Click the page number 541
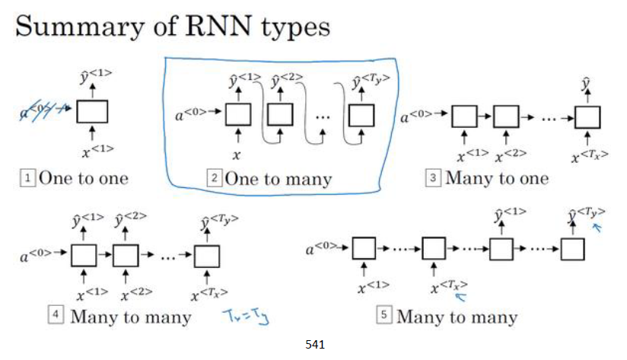pyautogui.click(x=314, y=345)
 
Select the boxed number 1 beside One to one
pyautogui.click(x=27, y=179)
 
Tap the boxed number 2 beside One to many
pyautogui.click(x=214, y=180)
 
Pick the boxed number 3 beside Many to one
pyautogui.click(x=432, y=179)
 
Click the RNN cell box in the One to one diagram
pyautogui.click(x=92, y=112)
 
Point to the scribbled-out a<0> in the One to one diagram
pyautogui.click(x=44, y=113)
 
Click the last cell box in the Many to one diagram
pyautogui.click(x=587, y=117)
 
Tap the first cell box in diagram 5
pyautogui.click(x=364, y=249)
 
